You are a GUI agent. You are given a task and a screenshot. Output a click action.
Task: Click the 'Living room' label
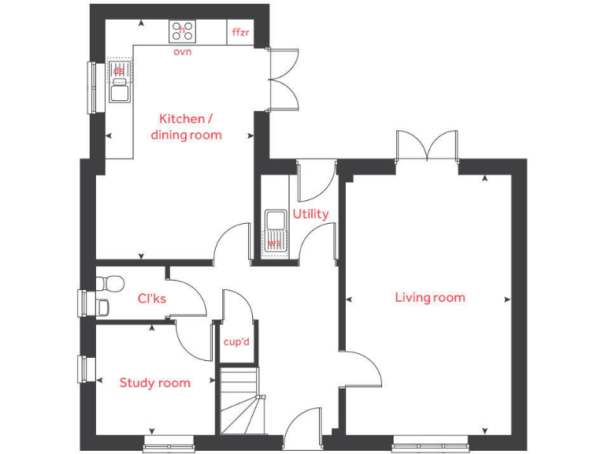[430, 297]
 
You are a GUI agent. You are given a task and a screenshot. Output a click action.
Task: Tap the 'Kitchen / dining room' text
[186, 127]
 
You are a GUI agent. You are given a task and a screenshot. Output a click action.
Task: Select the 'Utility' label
[310, 214]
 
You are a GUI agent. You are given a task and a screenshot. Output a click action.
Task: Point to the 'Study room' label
[154, 383]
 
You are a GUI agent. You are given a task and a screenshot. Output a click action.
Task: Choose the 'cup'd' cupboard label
[236, 342]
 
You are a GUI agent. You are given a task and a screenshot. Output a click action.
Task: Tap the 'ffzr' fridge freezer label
[240, 32]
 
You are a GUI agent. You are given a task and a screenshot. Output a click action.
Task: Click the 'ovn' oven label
[182, 52]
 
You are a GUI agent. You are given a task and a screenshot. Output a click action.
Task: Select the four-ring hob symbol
[183, 32]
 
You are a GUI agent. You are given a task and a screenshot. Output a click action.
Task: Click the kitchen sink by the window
[119, 82]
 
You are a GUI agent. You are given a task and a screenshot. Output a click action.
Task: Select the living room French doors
[426, 147]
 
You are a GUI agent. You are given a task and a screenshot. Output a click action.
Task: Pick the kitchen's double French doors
[282, 79]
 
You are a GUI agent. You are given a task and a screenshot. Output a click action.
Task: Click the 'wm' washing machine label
[274, 244]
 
